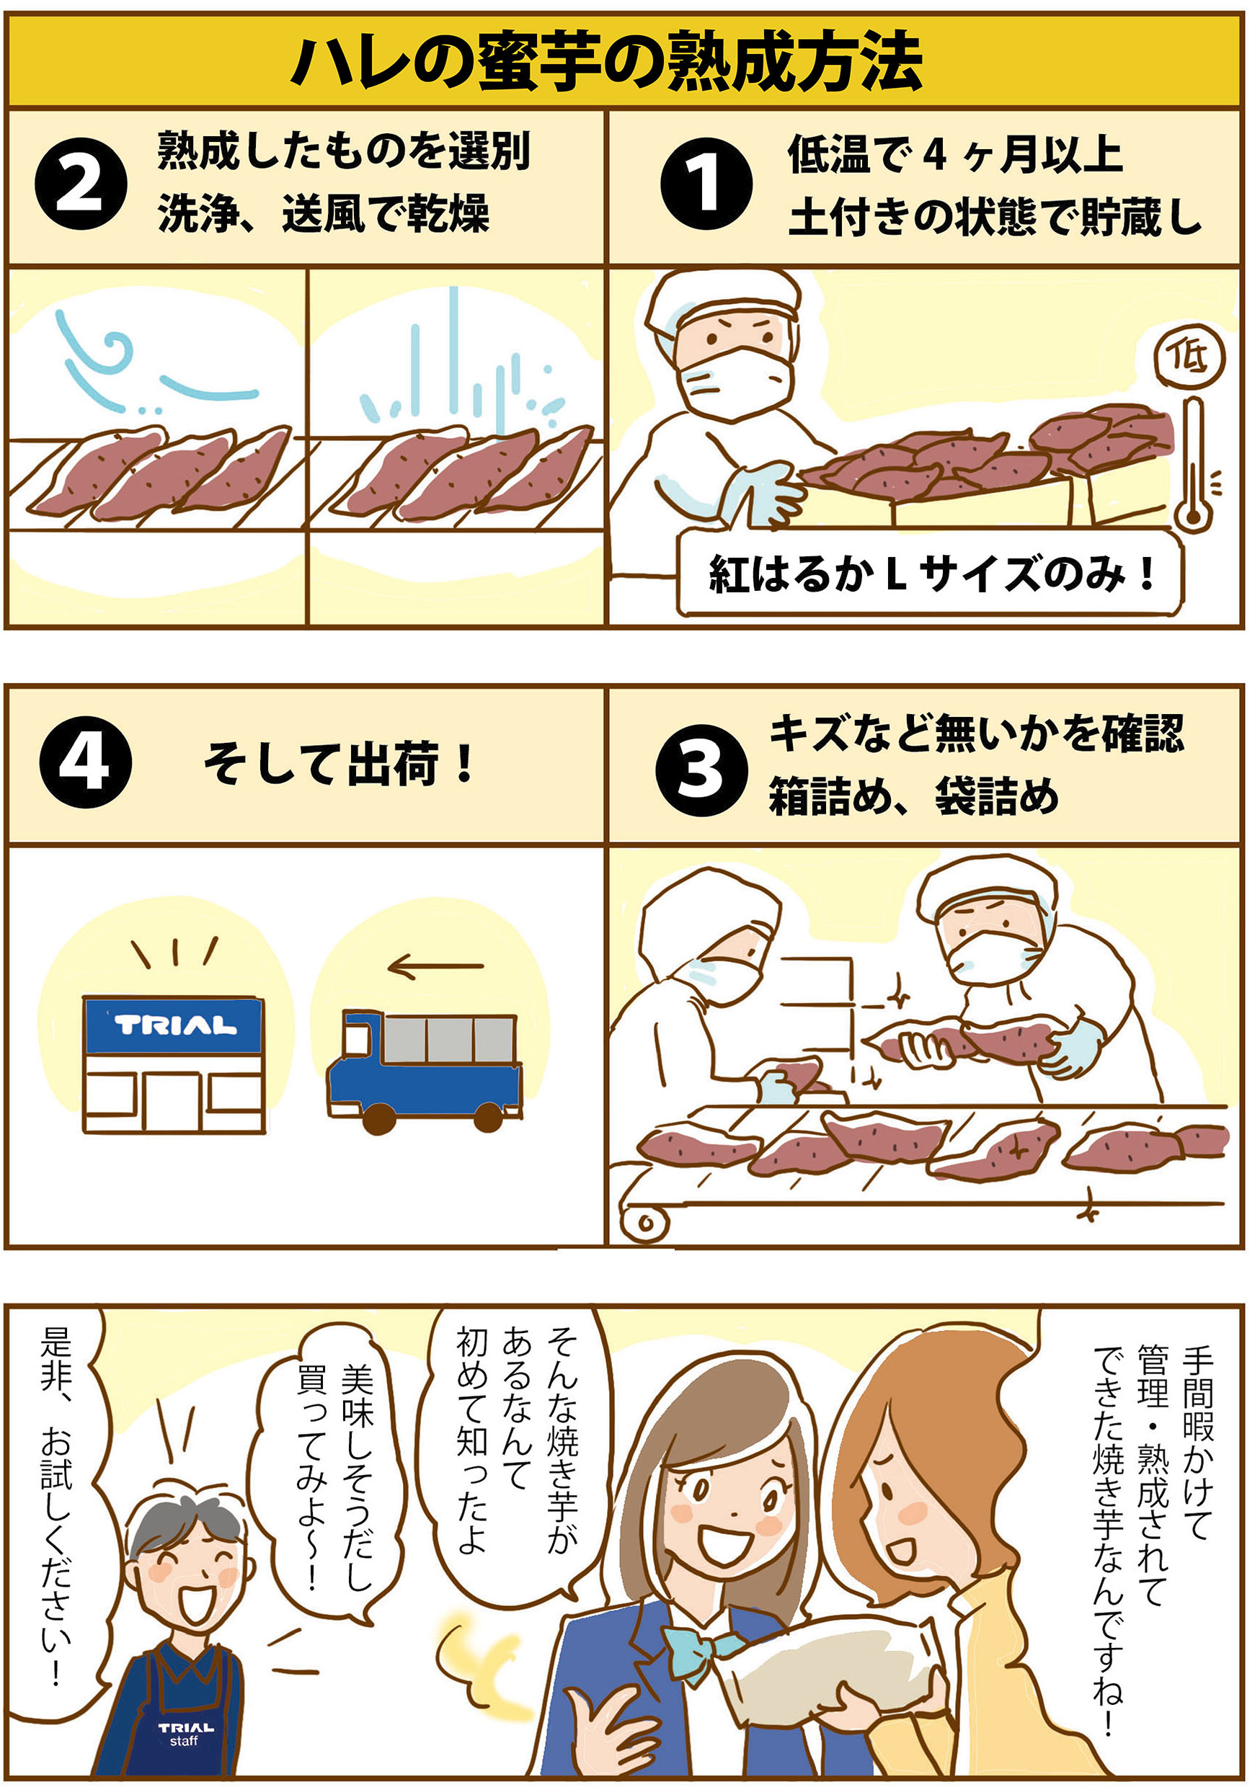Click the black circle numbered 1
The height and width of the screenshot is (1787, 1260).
coord(706,184)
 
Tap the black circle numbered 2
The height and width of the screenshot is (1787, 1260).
coord(80,184)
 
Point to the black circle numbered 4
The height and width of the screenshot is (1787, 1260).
coord(85,763)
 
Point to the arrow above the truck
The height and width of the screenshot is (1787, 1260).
coord(436,967)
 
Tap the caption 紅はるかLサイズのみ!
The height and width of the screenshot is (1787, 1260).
coord(931,574)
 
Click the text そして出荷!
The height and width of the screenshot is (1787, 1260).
coord(339,765)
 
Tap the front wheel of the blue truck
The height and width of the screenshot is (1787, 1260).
coord(379,1118)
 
